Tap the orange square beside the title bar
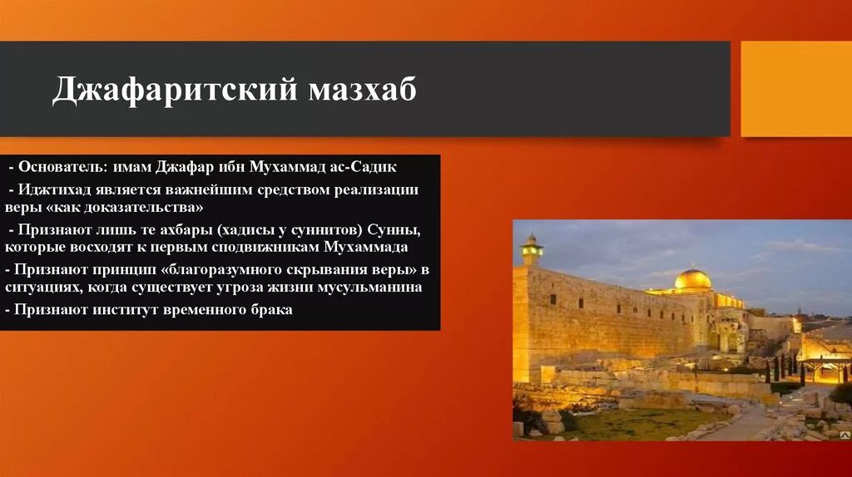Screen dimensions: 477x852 point(795,89)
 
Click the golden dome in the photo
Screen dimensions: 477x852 point(692,278)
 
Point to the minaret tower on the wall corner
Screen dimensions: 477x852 point(531,250)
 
